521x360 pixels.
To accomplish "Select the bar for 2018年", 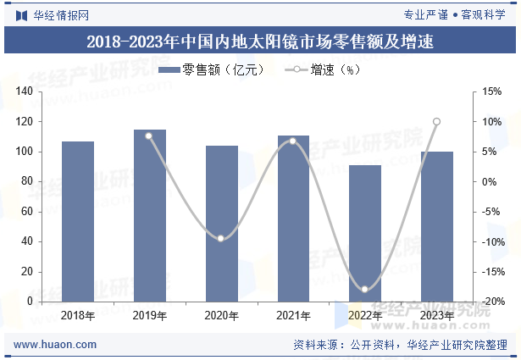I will coord(78,221).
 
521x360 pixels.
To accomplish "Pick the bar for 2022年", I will coord(365,233).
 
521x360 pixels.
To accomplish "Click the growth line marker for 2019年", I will coord(149,136).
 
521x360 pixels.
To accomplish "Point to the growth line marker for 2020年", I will coord(221,239).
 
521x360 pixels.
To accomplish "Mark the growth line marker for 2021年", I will coord(293,141).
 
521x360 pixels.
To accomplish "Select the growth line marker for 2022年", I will coord(365,290).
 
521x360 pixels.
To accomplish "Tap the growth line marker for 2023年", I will coord(437,122).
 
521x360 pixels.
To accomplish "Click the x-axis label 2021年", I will coord(293,315).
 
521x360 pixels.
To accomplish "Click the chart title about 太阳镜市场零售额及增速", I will coord(260,41).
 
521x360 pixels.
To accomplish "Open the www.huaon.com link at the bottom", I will coord(56,345).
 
